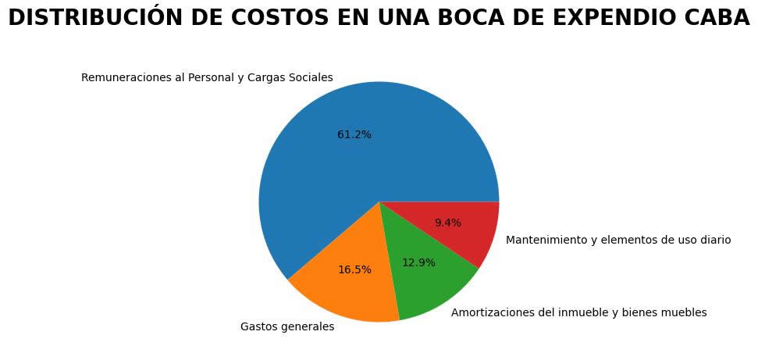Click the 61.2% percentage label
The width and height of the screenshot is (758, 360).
point(354,134)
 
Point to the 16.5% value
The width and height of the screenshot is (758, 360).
point(354,269)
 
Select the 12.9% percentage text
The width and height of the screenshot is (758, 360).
point(418,262)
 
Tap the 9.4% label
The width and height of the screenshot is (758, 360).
point(447,223)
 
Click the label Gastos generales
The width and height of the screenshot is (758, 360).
point(287,326)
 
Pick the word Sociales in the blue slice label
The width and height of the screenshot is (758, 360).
point(311,77)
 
